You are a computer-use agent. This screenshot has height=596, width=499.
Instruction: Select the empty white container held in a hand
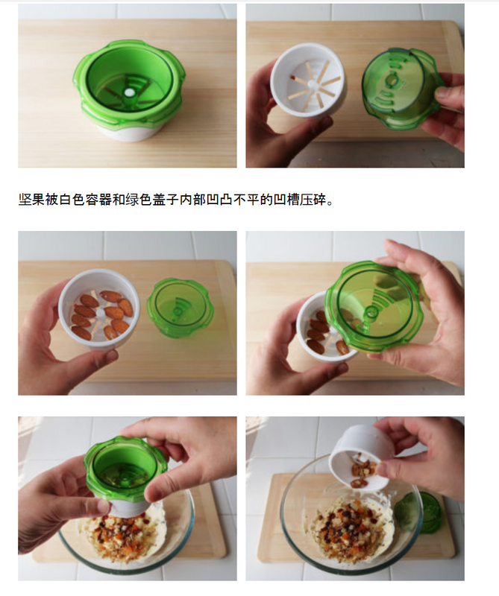(308, 81)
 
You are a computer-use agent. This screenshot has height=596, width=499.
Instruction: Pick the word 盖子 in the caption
(165, 199)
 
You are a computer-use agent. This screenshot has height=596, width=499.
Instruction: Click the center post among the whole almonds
(101, 313)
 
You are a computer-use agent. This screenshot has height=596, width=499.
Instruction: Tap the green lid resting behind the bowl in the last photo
(418, 513)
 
